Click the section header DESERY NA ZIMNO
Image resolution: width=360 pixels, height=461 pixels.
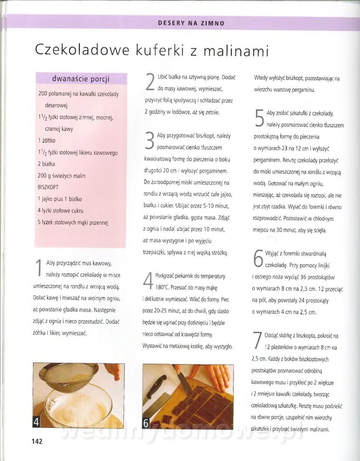191,23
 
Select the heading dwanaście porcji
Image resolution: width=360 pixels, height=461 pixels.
81,79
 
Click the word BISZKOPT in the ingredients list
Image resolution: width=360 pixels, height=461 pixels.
49,187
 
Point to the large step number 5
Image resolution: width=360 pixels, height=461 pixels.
259,118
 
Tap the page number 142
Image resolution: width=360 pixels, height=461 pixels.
37,441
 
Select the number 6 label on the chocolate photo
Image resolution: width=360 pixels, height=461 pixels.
146,423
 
